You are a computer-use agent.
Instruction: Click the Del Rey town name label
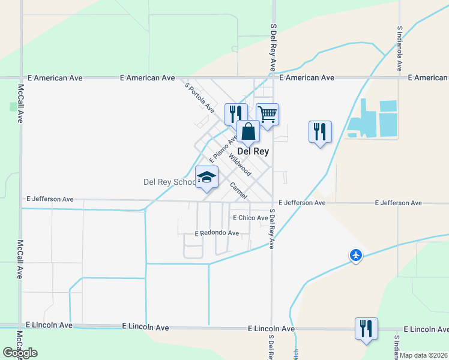pos(253,152)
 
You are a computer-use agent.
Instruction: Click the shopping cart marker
pos(267,113)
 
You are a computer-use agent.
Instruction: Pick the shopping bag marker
pos(248,131)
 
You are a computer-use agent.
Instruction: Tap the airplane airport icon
pos(356,256)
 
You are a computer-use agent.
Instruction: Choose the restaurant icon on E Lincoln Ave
pos(366,328)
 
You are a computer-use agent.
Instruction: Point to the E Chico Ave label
pos(250,218)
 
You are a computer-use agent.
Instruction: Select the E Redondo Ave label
pos(217,233)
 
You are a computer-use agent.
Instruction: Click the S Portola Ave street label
pos(199,97)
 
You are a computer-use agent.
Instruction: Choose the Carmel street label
pos(238,191)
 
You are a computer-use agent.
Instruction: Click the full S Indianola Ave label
pos(399,48)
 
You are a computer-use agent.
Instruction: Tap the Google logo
pos(20,353)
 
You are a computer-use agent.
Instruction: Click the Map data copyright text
pos(424,355)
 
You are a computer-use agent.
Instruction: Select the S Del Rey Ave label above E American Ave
pos(273,48)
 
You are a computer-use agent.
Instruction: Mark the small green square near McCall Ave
pos(13,106)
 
